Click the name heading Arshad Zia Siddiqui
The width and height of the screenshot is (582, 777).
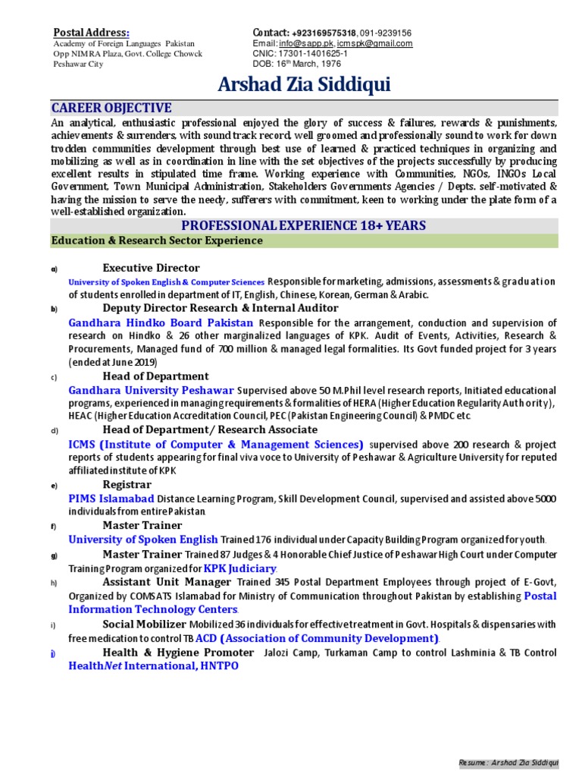pyautogui.click(x=304, y=84)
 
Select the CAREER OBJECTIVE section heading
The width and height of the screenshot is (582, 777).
pyautogui.click(x=111, y=108)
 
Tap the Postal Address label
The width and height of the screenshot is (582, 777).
pyautogui.click(x=91, y=32)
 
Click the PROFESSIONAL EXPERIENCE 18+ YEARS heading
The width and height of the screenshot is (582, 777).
pyautogui.click(x=303, y=225)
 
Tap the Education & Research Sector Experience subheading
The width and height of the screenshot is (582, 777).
pyautogui.click(x=156, y=241)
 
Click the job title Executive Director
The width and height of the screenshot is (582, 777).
pyautogui.click(x=151, y=268)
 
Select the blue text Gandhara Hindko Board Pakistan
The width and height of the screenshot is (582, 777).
pyautogui.click(x=162, y=322)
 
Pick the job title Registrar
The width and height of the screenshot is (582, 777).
pyautogui.click(x=127, y=484)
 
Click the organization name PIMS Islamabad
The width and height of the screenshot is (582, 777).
pyautogui.click(x=111, y=499)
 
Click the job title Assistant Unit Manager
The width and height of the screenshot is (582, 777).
pyautogui.click(x=167, y=582)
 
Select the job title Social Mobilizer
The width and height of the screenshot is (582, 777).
pyautogui.click(x=144, y=624)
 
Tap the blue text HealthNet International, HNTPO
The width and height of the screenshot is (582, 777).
pyautogui.click(x=154, y=665)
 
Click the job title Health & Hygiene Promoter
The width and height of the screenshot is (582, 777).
pyautogui.click(x=178, y=652)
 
